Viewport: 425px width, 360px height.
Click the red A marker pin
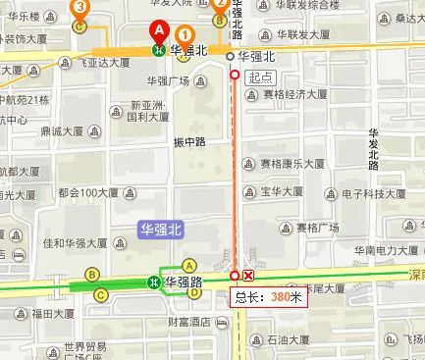158,31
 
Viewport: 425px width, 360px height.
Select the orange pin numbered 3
80,8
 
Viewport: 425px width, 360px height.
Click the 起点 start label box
260,77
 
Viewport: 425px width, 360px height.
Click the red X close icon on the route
248,276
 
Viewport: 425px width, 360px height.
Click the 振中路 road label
189,141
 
